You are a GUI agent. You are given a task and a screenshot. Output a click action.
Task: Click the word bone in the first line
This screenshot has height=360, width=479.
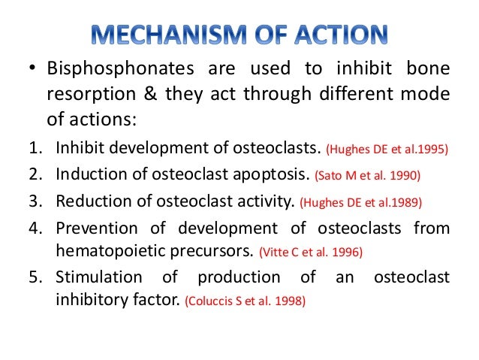click(x=430, y=71)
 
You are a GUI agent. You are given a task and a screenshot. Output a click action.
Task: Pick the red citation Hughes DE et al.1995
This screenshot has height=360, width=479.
click(x=386, y=149)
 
